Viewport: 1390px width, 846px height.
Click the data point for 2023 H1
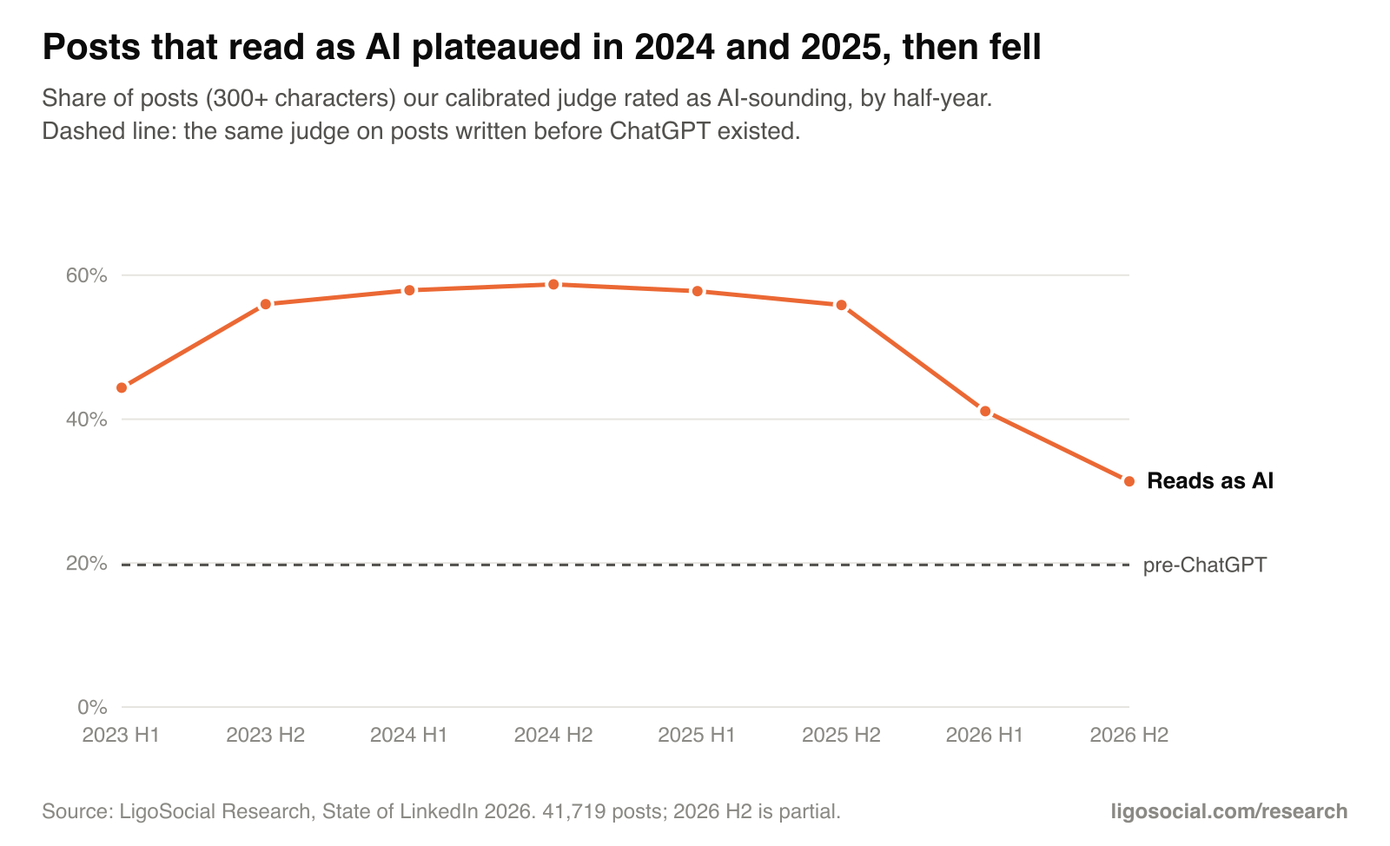122,387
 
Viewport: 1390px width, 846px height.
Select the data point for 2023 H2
266,304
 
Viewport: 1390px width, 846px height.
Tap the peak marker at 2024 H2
553,284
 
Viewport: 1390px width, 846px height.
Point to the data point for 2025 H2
842,305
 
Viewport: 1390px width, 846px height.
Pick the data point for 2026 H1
985,411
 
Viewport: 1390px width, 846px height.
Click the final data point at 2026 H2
1129,481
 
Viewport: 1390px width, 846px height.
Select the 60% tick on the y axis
86,275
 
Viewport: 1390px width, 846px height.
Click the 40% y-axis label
86,420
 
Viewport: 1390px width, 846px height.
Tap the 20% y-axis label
86,563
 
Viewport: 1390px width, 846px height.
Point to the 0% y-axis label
92,707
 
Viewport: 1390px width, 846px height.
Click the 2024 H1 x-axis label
409,735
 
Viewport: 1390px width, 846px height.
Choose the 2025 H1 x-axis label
697,735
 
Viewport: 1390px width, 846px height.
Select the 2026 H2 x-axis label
1129,735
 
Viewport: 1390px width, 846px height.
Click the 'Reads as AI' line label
1210,480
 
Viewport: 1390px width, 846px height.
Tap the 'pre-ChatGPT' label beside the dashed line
1205,565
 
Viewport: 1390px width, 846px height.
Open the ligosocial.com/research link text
1228,811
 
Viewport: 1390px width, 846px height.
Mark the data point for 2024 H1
409,290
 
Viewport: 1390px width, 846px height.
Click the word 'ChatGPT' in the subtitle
659,131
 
